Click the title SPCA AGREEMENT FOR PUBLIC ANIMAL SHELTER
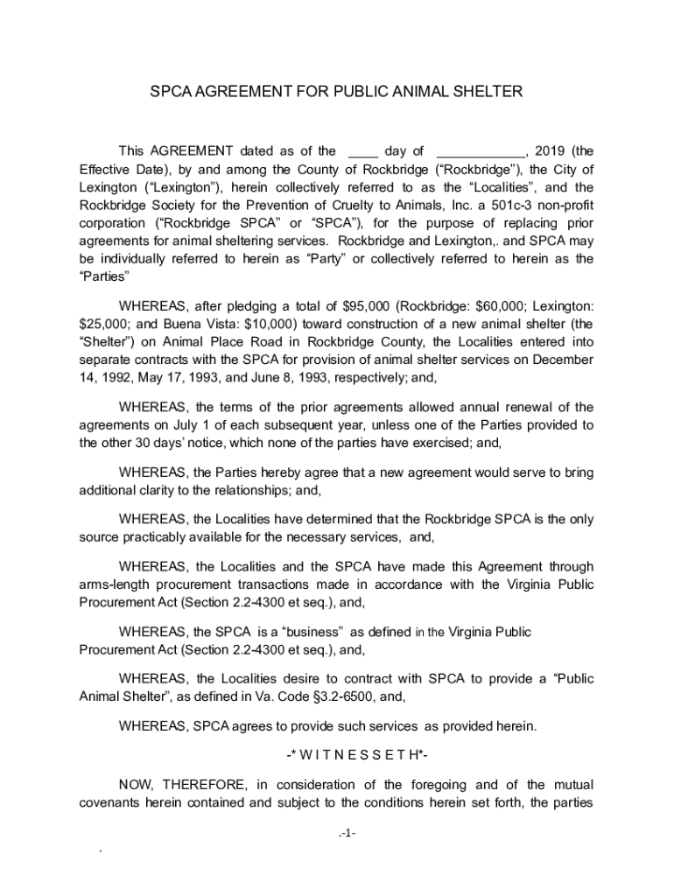coord(336,91)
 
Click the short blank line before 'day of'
coord(362,150)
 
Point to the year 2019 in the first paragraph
coord(551,150)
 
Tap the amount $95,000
coord(363,306)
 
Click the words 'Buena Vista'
coord(186,324)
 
